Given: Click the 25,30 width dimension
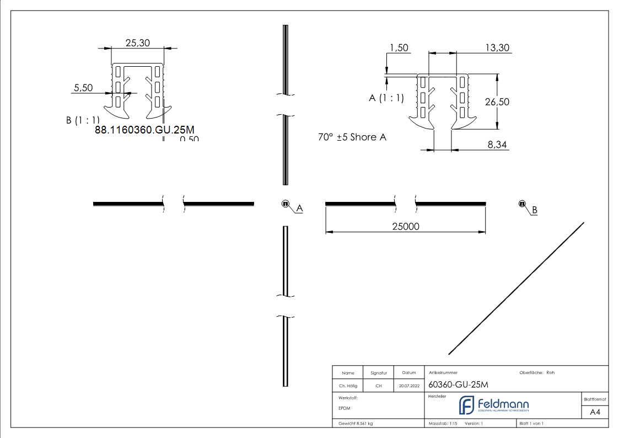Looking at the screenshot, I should click(x=138, y=43).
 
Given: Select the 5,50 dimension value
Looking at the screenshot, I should click(x=83, y=88).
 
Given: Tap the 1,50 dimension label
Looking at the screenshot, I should click(x=399, y=48).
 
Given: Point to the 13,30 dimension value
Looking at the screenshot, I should click(x=497, y=48).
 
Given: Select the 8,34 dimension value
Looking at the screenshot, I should click(x=497, y=145).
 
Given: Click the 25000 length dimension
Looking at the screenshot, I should click(x=405, y=226).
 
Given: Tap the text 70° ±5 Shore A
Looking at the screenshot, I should click(x=352, y=137).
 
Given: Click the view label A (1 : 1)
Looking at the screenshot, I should click(x=386, y=98).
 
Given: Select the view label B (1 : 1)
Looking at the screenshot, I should click(x=83, y=120).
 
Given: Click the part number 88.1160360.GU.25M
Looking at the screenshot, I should click(x=145, y=130).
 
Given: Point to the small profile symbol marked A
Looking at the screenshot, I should click(x=286, y=204).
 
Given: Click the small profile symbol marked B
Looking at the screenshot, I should click(x=521, y=204).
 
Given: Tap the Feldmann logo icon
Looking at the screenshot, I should click(x=467, y=405).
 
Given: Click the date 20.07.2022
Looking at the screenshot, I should click(x=408, y=386).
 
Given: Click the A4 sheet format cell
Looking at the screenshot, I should click(x=595, y=412).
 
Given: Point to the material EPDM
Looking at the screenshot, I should click(x=344, y=408).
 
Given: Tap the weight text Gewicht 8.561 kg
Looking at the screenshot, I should click(x=356, y=424).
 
